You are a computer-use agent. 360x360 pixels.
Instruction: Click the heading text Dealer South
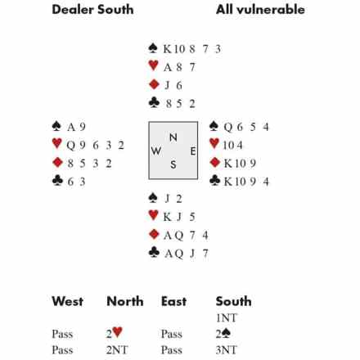pyautogui.click(x=92, y=10)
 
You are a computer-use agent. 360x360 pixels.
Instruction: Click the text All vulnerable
pyautogui.click(x=260, y=10)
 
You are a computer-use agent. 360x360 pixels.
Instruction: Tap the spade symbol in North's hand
pyautogui.click(x=153, y=48)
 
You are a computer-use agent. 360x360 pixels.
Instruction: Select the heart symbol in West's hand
pyautogui.click(x=56, y=143)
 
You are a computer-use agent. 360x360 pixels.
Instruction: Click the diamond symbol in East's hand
pyautogui.click(x=215, y=162)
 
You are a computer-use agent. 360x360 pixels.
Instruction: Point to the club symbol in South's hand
pyautogui.click(x=154, y=252)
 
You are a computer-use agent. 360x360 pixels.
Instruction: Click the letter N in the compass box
pyautogui.click(x=173, y=137)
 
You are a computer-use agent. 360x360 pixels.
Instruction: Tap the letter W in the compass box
pyautogui.click(x=156, y=151)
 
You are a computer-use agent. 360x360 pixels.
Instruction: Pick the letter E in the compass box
pyautogui.click(x=193, y=151)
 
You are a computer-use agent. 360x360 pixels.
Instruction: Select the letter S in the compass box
pyautogui.click(x=173, y=164)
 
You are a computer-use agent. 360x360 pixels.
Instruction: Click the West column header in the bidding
pyautogui.click(x=68, y=301)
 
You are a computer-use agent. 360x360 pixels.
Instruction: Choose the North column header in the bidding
pyautogui.click(x=125, y=301)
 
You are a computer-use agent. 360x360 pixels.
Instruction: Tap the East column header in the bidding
pyautogui.click(x=174, y=301)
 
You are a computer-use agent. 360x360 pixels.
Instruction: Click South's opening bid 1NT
pyautogui.click(x=227, y=317)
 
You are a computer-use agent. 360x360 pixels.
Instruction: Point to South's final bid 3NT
pyautogui.click(x=227, y=350)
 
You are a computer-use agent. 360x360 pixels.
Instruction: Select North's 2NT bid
pyautogui.click(x=117, y=350)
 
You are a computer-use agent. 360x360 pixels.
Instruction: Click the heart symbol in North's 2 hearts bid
pyautogui.click(x=117, y=332)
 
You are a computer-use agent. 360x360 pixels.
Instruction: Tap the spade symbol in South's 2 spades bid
pyautogui.click(x=226, y=333)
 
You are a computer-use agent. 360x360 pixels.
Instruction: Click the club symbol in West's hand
pyautogui.click(x=57, y=180)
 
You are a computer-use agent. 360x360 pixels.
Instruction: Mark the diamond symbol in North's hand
pyautogui.click(x=154, y=84)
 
